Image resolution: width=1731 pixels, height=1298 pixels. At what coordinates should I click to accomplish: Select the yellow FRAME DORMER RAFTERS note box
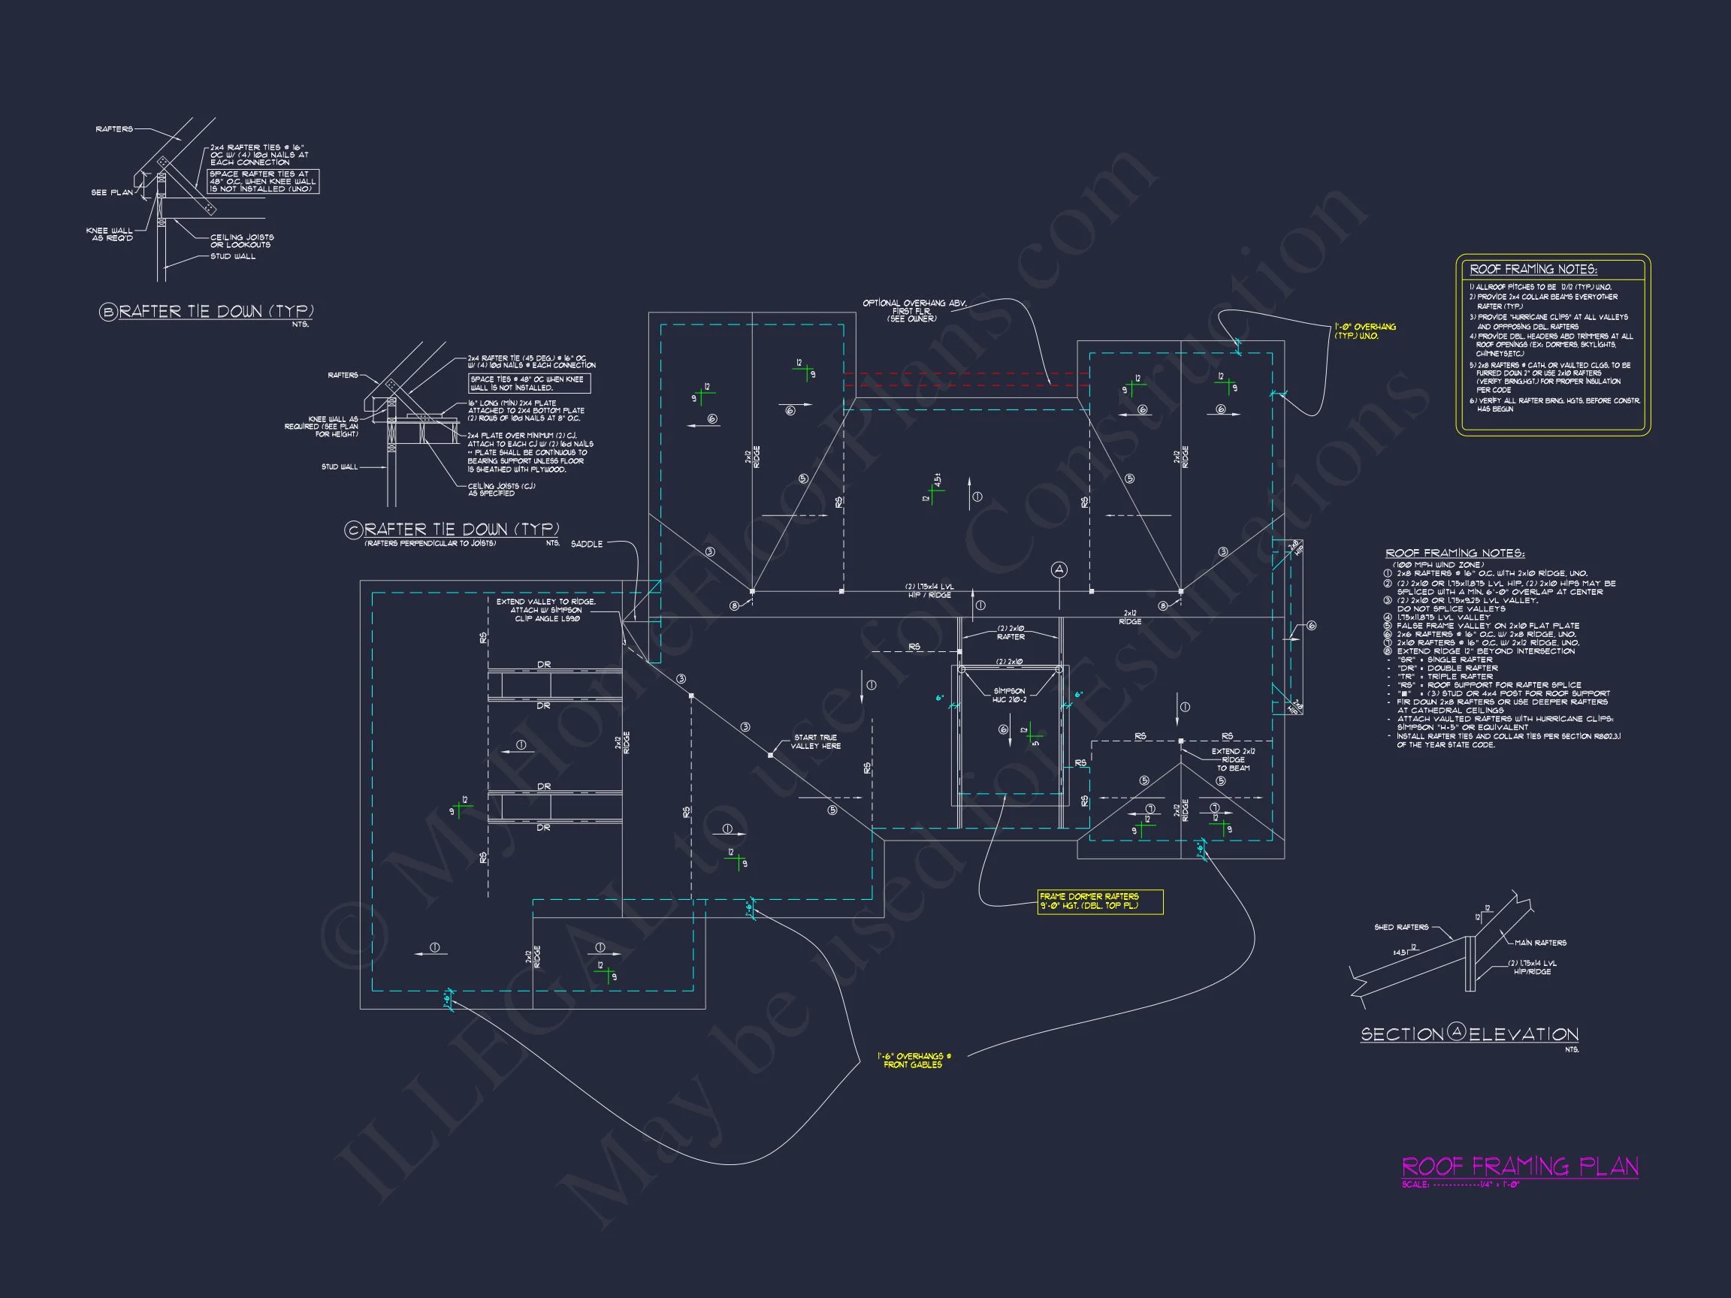(x=1099, y=901)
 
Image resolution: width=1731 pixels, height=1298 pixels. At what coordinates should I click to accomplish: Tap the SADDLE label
(x=586, y=544)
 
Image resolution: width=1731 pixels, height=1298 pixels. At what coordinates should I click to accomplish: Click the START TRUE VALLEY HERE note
(x=815, y=741)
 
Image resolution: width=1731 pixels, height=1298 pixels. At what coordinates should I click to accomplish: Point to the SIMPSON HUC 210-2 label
(x=1010, y=695)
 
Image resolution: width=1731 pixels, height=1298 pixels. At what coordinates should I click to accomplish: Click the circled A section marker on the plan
(x=1059, y=569)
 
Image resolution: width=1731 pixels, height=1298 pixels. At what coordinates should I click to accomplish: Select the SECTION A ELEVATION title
(x=1469, y=1034)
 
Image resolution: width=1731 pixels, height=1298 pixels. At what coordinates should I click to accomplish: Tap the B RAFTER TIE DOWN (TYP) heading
(x=207, y=312)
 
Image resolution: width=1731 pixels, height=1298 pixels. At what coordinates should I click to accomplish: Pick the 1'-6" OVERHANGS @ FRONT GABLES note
(x=914, y=1060)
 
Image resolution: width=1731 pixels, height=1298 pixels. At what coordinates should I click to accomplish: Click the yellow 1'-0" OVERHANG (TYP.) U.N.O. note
(x=1365, y=331)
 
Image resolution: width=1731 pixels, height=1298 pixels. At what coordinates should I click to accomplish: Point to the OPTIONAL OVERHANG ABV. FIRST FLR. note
(x=914, y=311)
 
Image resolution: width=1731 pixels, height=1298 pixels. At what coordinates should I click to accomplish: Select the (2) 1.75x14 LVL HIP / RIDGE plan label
(x=929, y=590)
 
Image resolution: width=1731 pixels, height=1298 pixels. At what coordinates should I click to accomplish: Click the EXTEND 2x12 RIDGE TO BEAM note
(x=1234, y=759)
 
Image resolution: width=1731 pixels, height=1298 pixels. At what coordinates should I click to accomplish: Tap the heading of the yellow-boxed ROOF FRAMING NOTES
(x=1533, y=269)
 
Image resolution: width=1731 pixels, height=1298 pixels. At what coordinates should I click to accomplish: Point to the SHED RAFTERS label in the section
(x=1400, y=927)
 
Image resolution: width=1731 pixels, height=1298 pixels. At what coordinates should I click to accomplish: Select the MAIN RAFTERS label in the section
(x=1540, y=943)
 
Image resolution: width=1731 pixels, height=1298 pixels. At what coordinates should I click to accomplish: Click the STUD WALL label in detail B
(x=232, y=257)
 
